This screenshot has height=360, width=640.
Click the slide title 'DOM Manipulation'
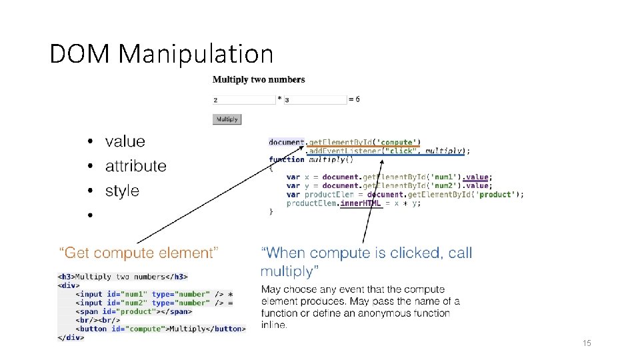161,54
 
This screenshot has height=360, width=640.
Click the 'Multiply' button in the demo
227,119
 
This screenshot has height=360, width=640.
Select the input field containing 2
243,100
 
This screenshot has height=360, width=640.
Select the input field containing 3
315,100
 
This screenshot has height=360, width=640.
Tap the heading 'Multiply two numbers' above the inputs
259,80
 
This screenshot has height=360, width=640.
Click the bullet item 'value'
125,141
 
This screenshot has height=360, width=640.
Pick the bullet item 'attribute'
136,166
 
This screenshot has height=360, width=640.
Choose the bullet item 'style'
122,191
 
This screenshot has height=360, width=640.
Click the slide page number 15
587,343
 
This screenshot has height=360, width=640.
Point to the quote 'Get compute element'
139,253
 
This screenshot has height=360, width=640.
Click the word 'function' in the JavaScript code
287,159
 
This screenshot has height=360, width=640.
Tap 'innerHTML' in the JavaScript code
361,203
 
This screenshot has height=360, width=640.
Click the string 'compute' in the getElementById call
398,142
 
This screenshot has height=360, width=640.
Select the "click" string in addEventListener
399,151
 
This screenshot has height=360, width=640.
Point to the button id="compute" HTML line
161,329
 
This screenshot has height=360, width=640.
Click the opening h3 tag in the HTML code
66,277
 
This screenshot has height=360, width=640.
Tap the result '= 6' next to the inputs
355,99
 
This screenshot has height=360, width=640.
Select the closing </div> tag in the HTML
71,337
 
